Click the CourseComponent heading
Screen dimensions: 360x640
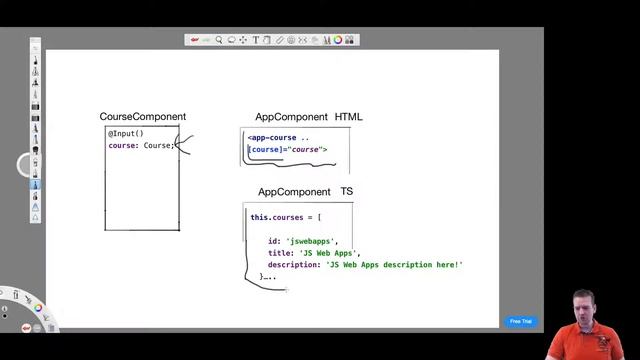point(142,117)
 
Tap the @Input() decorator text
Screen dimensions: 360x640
point(126,133)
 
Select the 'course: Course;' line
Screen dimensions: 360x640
point(141,146)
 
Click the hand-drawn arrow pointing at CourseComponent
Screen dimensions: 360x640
point(184,146)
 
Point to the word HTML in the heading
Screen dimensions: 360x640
point(349,117)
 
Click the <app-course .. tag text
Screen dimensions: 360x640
point(278,137)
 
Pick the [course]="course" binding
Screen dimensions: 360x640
point(288,150)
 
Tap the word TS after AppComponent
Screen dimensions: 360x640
point(347,191)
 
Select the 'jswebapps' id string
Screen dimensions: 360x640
point(312,241)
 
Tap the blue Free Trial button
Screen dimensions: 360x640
point(521,321)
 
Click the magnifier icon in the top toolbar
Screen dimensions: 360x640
point(219,40)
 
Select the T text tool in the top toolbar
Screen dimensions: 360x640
point(255,40)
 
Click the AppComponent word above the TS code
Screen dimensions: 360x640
point(294,191)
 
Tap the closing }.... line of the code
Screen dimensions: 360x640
point(267,276)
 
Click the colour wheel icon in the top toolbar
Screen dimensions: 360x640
point(338,40)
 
